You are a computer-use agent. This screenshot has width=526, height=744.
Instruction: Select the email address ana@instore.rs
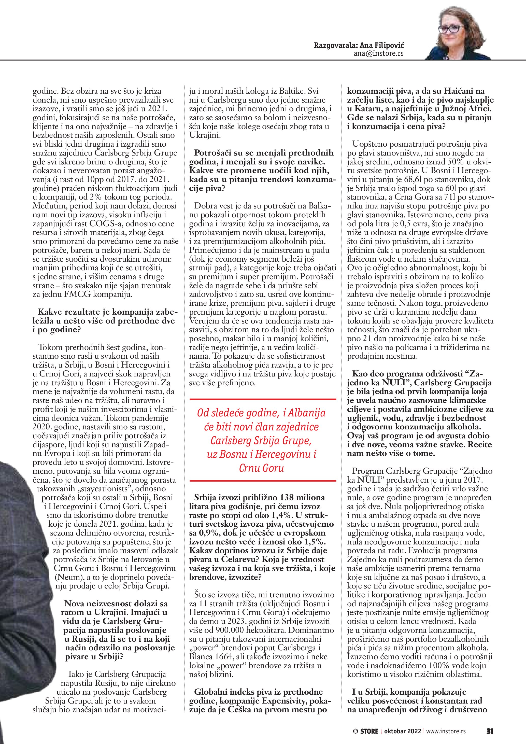point(378,54)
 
